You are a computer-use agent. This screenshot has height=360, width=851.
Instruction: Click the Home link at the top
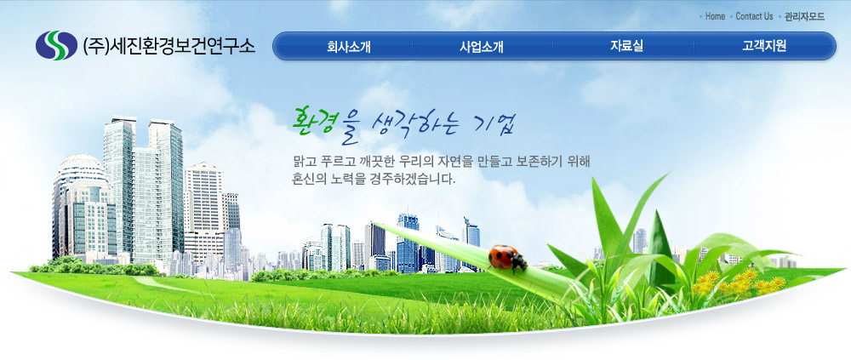point(715,16)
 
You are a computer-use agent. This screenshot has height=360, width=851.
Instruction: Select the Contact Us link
point(754,16)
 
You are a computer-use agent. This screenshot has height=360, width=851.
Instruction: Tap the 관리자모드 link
point(804,16)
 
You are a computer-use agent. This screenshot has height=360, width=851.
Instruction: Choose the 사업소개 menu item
point(482,46)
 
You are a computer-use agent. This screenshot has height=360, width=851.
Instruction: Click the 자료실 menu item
point(626,46)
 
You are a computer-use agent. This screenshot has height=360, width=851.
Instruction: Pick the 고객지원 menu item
point(764,46)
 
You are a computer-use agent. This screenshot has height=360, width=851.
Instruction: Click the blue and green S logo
point(56,46)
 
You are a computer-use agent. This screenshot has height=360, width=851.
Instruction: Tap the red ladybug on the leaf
point(507,257)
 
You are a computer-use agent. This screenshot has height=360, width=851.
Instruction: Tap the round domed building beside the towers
point(82,206)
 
